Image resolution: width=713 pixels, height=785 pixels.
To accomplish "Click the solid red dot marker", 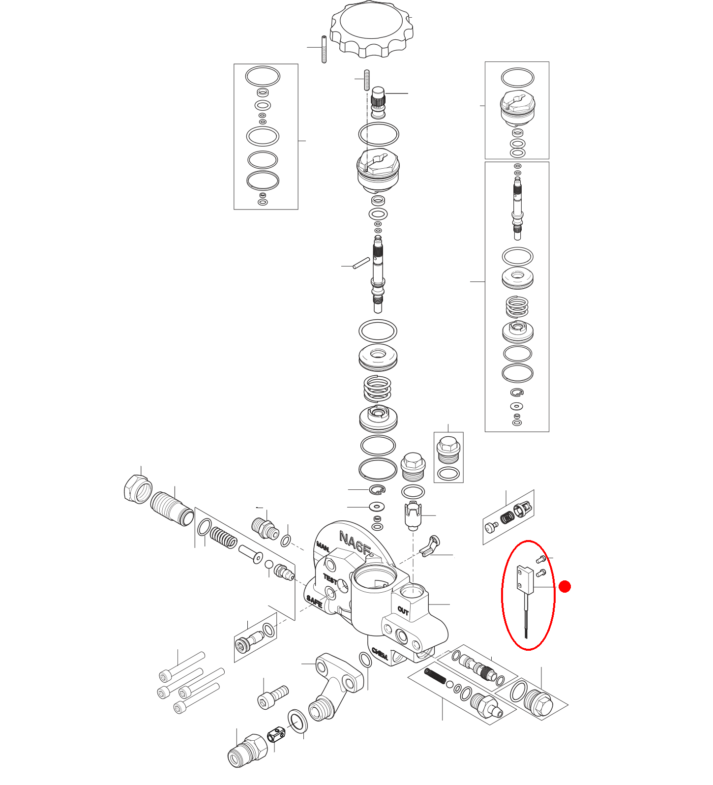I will (x=565, y=586).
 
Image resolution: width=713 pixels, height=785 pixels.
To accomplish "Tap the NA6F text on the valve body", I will (x=354, y=543).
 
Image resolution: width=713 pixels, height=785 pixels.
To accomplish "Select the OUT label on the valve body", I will (x=403, y=611).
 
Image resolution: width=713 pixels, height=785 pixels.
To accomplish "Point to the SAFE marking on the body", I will (x=314, y=602).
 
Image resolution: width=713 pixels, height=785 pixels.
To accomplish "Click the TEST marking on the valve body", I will (x=330, y=578).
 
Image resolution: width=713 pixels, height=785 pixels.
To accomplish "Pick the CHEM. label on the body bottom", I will (x=380, y=654).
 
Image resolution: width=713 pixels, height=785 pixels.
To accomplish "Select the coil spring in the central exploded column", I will (x=377, y=389).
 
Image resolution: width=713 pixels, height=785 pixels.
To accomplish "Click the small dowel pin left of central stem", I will (x=361, y=263).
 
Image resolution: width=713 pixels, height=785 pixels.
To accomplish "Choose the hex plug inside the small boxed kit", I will (x=448, y=449).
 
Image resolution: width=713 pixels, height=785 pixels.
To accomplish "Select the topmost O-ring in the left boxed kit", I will (x=263, y=77).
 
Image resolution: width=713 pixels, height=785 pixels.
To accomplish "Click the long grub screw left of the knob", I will (x=324, y=50).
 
